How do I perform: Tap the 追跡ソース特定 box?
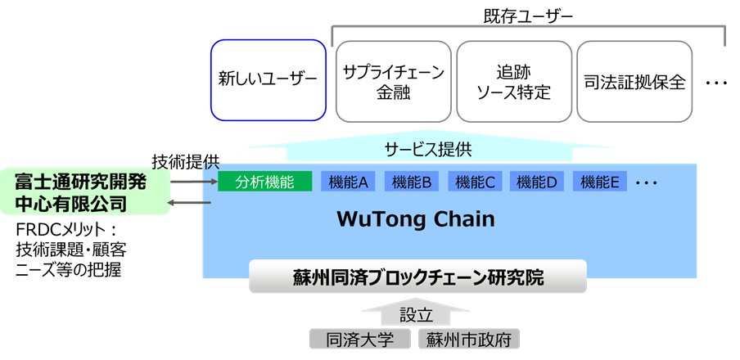click(513, 80)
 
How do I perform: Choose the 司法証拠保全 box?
click(634, 80)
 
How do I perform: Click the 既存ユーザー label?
click(529, 14)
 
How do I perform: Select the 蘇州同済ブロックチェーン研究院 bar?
click(417, 277)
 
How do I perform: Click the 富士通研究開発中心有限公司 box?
click(83, 192)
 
